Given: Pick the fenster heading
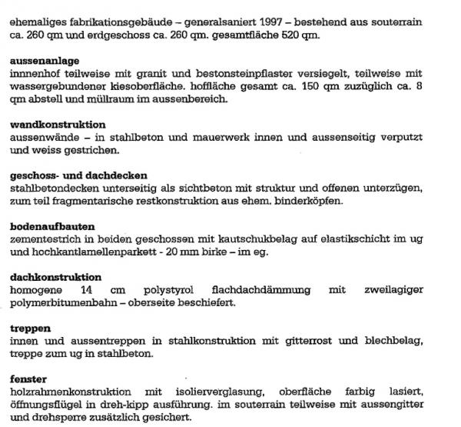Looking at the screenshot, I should tap(28, 379).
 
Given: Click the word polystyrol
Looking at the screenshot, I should tap(178, 290).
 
